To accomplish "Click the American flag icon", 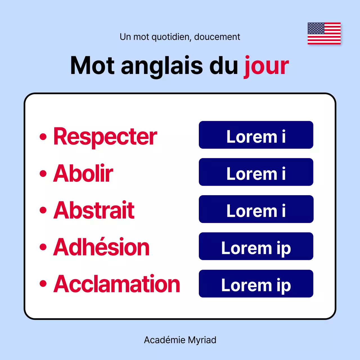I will (x=324, y=33).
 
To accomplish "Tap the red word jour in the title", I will (x=266, y=66).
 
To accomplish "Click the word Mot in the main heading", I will (x=92, y=66).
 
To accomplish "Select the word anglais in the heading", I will (x=162, y=66).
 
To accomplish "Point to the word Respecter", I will (x=105, y=137).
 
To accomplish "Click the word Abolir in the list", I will (x=83, y=174).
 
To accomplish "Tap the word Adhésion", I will (x=101, y=247).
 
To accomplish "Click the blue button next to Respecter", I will (x=256, y=135).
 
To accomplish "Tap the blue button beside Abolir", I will (x=256, y=172).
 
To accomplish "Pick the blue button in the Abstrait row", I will (x=256, y=209).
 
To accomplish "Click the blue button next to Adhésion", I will (x=256, y=246).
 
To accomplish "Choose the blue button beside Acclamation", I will (x=256, y=283).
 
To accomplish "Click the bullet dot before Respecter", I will (x=43, y=137).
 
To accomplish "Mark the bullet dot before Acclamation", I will (x=43, y=284).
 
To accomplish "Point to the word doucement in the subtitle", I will (x=217, y=37).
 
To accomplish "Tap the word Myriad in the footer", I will (x=202, y=340).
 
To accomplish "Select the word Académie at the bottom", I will (x=165, y=340).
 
